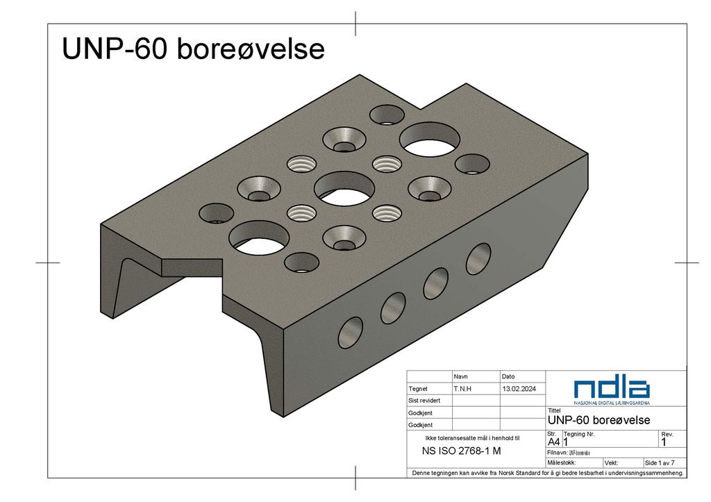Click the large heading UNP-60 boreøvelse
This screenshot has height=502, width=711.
[193, 50]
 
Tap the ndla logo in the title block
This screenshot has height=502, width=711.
[612, 390]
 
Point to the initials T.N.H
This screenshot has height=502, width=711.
[462, 389]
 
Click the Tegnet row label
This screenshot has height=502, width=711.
[418, 389]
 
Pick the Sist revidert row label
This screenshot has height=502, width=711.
[424, 401]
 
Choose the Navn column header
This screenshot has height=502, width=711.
[460, 376]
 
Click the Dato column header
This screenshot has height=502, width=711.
[508, 376]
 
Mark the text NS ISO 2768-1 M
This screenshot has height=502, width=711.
[462, 450]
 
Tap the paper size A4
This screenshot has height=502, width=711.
[554, 442]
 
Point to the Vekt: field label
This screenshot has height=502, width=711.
[612, 462]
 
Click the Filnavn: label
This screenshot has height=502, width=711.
[558, 452]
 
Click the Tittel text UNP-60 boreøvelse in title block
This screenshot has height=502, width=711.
[599, 420]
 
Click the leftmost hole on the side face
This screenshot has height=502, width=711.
[351, 332]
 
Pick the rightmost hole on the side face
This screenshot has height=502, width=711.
[478, 258]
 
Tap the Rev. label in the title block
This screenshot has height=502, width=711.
[667, 434]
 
